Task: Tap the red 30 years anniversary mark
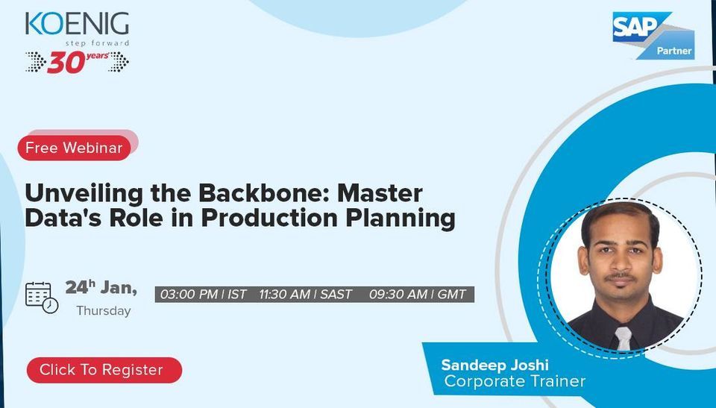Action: click(77, 62)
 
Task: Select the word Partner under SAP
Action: click(674, 51)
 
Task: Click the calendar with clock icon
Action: click(42, 296)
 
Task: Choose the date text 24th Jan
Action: click(101, 287)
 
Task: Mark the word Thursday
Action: click(104, 310)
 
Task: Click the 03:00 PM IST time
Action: click(203, 295)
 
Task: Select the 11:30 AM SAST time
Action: click(306, 295)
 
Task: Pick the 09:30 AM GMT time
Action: click(418, 295)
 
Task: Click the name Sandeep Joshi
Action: click(494, 365)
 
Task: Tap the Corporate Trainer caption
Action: click(515, 381)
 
